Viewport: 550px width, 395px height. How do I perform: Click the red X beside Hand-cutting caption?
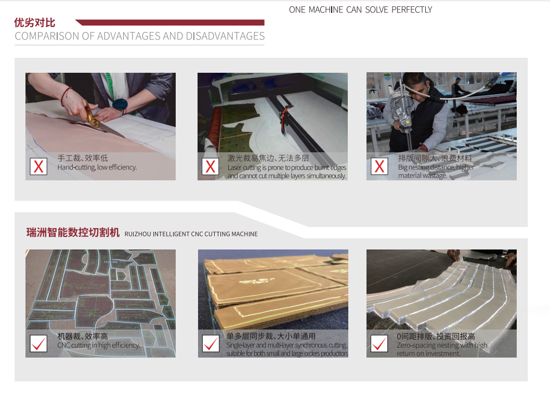coord(38,166)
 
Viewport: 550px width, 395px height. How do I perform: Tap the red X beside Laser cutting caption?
coord(211,166)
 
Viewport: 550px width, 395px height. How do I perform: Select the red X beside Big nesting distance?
coord(379,166)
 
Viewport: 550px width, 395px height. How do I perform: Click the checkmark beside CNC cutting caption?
coord(38,344)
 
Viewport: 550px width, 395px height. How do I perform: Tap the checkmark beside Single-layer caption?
coord(211,344)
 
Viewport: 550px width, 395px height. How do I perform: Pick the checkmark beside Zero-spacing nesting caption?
coord(379,344)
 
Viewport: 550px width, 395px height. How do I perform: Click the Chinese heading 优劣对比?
coord(34,23)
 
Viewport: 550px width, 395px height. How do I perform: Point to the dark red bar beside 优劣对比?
coord(172,22)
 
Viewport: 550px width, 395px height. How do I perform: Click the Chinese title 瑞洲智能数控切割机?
coord(73,233)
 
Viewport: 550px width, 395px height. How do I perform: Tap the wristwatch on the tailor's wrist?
coord(120,104)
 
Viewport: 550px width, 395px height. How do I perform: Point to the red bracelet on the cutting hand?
coord(66,95)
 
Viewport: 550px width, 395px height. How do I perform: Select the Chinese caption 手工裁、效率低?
coord(83,158)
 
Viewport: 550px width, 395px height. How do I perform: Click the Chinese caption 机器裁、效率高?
coord(83,336)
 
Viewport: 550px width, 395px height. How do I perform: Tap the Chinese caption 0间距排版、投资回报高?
coord(436,336)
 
